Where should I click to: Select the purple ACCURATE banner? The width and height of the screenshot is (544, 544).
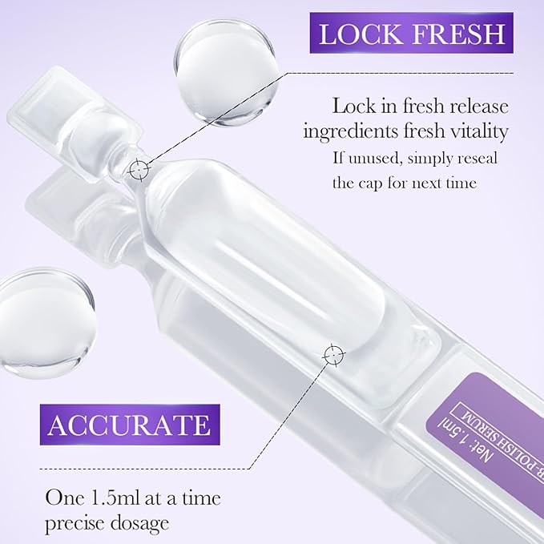click(x=128, y=424)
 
